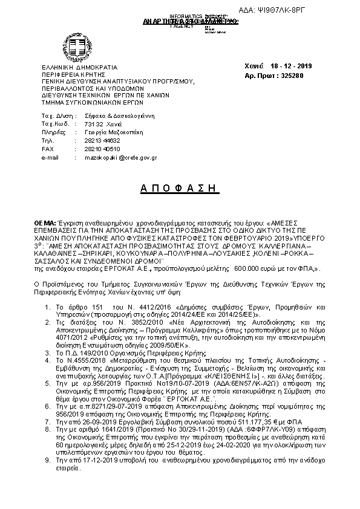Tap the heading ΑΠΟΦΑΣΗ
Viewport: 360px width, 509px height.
pos(178,188)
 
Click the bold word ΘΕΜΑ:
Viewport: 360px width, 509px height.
pos(45,223)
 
